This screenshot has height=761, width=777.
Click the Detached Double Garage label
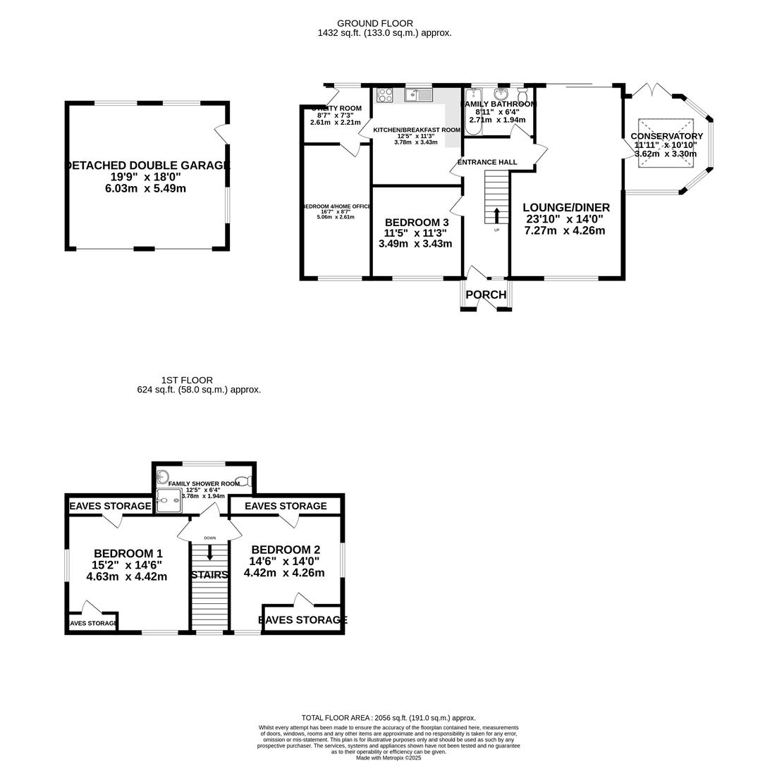(x=147, y=166)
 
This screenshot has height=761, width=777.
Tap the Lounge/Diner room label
(x=566, y=208)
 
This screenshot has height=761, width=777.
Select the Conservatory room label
(x=666, y=136)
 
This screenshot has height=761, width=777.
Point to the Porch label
(x=486, y=295)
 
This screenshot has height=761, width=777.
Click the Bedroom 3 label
(x=416, y=223)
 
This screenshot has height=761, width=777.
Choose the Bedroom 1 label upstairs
(x=128, y=554)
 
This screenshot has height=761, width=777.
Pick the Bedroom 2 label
(x=285, y=550)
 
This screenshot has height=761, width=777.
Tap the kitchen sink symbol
(x=419, y=94)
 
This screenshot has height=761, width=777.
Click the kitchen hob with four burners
(x=385, y=94)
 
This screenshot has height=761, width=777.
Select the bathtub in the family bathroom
(x=473, y=111)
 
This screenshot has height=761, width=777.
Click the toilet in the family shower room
(x=243, y=482)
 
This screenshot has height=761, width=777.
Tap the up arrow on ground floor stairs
(x=496, y=215)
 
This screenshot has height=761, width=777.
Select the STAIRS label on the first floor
(x=209, y=575)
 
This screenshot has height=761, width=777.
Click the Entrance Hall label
(x=487, y=162)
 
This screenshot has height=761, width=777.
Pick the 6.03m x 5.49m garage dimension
(x=145, y=189)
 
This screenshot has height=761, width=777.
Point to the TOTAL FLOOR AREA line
(x=388, y=718)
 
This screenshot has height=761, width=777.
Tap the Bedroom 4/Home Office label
(x=336, y=206)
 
